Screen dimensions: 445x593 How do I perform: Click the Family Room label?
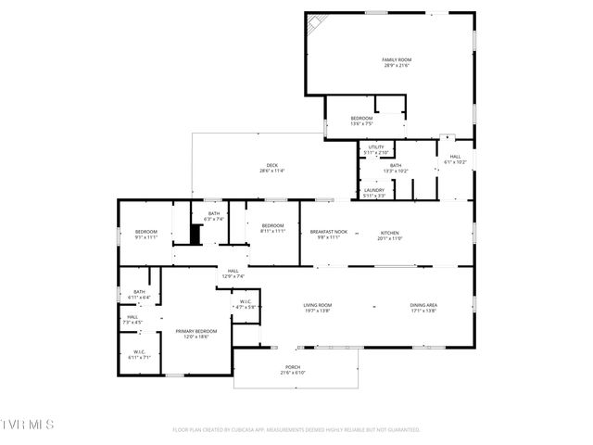point(397,60)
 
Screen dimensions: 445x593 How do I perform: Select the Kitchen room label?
point(389,233)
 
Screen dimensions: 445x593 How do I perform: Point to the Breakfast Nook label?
point(329,233)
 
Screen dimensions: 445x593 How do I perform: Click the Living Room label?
point(318,305)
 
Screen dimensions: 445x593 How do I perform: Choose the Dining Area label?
point(424,305)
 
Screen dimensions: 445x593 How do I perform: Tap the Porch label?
point(293,368)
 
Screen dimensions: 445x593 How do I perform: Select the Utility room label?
point(375,147)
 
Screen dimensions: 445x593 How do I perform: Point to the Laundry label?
point(374,190)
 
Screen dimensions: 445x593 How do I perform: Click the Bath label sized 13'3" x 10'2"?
point(396,166)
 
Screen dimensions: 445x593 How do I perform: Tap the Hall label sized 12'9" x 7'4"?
point(233,271)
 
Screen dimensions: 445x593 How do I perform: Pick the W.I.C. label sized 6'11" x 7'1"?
point(139,351)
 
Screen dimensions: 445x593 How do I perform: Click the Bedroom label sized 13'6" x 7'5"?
point(361,119)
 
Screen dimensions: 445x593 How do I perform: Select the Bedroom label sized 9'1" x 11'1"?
point(146,232)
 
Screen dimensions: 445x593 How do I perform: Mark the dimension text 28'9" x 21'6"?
point(397,66)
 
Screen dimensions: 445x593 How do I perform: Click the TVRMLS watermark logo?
point(28,424)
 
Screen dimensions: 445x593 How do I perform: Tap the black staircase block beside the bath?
point(196,233)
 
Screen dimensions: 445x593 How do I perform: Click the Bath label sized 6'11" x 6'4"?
point(139,292)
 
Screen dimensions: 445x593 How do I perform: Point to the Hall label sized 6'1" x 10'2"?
point(455,157)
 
